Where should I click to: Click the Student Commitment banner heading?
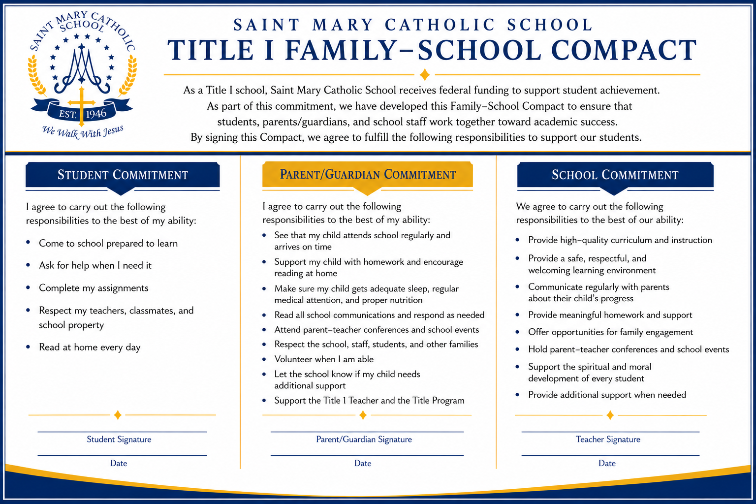click(x=123, y=175)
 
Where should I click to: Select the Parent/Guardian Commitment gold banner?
click(x=368, y=174)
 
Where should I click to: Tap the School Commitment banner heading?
click(x=615, y=175)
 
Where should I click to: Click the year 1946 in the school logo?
click(x=96, y=114)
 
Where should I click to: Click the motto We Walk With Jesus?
click(x=83, y=131)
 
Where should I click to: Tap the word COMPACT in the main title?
click(x=624, y=50)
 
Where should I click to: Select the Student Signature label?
click(x=119, y=439)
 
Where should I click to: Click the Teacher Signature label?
click(x=608, y=439)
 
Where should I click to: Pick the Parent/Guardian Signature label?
click(x=364, y=439)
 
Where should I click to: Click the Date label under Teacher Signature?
click(x=607, y=463)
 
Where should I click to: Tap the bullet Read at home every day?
click(x=90, y=347)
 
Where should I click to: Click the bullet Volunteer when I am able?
click(x=324, y=359)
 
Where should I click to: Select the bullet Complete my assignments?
click(x=94, y=288)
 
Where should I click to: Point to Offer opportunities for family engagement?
click(x=610, y=332)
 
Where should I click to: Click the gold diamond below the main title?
click(x=425, y=74)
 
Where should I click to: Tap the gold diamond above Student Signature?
click(x=118, y=415)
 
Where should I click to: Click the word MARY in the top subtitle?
click(x=343, y=25)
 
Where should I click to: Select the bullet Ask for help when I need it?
click(x=95, y=265)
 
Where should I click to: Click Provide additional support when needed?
click(x=607, y=395)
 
